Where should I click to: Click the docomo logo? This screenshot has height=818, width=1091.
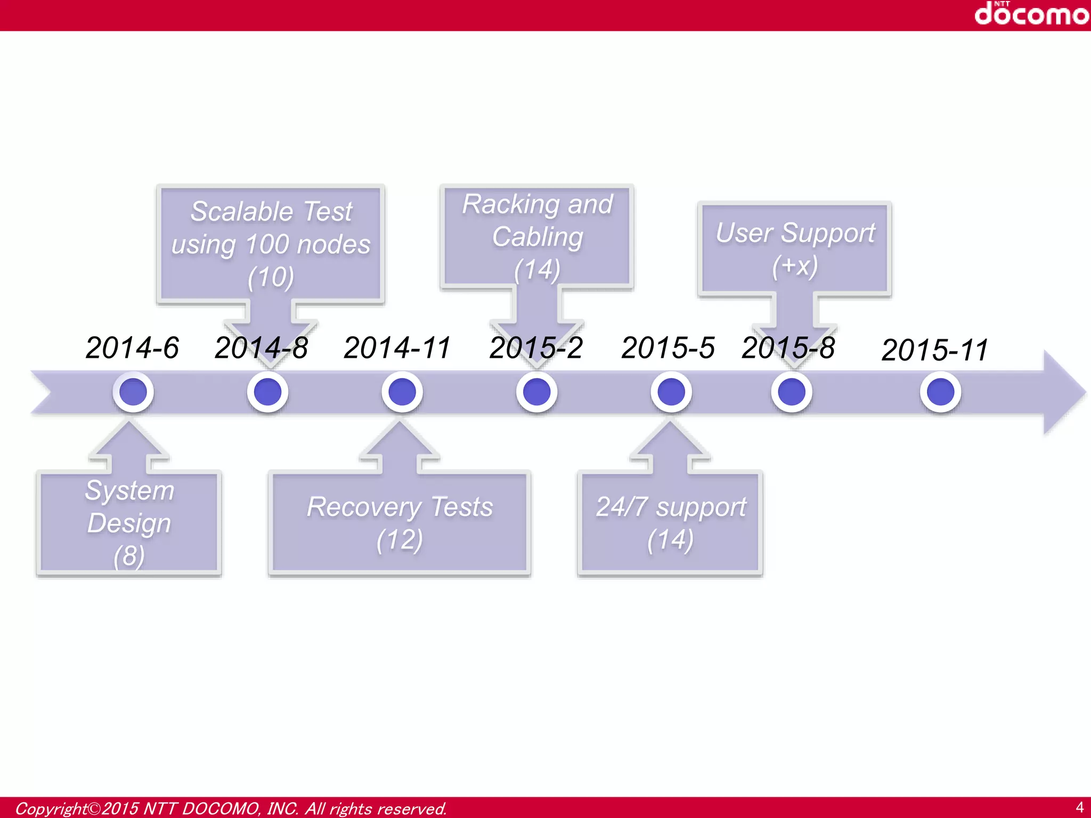pos(1031,13)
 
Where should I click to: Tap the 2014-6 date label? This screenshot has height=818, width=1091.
pos(132,348)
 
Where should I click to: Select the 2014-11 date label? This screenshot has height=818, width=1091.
pos(397,348)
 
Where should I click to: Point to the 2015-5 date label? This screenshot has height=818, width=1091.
pos(668,348)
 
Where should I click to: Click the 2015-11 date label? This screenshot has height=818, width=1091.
pos(935,350)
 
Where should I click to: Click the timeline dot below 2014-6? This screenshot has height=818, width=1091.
pos(133,392)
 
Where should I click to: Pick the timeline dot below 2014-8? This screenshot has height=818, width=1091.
pos(267,392)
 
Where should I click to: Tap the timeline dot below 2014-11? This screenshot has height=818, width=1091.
pos(402,392)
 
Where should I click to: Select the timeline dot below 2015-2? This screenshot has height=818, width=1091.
pos(536,392)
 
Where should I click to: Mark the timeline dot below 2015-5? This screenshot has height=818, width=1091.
pos(671,392)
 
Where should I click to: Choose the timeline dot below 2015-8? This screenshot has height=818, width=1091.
pos(792,392)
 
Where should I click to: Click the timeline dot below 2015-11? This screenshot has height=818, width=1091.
pos(940,392)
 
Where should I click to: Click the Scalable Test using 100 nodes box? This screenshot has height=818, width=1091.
pos(271,244)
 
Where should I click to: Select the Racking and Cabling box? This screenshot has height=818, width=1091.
pos(537,236)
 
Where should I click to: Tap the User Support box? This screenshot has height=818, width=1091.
pos(795,249)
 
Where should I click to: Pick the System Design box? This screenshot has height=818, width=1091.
pos(129,523)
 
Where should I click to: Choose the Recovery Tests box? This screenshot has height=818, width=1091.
pos(400,523)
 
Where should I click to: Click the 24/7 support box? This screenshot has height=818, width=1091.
pos(670,523)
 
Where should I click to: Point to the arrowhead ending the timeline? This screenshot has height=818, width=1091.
pos(1063,392)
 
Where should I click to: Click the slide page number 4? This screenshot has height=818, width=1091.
pos(1079,807)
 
